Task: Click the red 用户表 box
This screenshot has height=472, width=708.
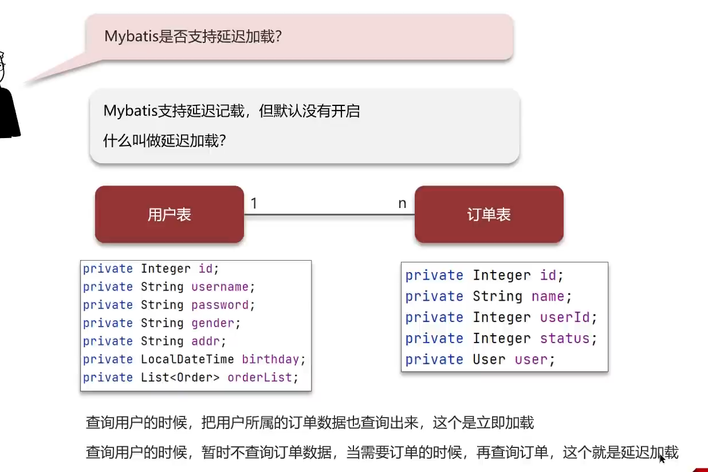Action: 169,214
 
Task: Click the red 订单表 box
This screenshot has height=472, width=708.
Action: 489,214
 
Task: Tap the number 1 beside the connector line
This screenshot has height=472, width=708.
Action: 254,203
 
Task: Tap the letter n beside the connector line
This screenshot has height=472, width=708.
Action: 402,203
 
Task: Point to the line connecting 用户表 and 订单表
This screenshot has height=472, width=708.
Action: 329,215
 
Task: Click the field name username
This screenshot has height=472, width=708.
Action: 219,286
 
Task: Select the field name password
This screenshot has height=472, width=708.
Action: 219,305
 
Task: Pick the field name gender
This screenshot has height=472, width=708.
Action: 213,323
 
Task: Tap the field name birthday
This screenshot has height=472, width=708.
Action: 270,359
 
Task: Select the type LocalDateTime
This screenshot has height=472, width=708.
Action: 187,359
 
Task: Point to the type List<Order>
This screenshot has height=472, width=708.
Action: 180,377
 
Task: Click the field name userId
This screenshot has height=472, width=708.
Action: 565,317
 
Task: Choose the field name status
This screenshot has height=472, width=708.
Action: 565,339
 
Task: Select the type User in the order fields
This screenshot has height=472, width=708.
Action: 489,360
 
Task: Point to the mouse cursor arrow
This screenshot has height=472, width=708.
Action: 662,458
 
